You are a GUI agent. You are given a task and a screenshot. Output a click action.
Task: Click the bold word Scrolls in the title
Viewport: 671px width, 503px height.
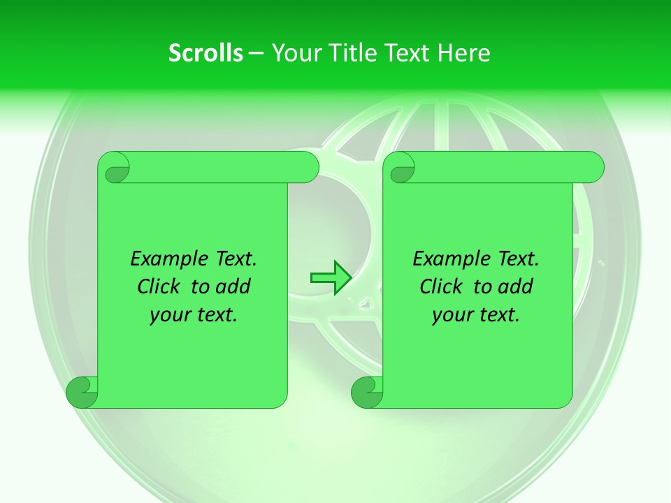click(205, 53)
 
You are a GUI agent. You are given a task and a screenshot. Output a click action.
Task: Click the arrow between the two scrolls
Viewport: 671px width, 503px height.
click(330, 277)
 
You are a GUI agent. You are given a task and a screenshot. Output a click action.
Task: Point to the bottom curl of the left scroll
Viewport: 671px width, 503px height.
click(82, 393)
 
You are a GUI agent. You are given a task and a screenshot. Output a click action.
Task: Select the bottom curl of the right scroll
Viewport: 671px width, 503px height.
click(367, 393)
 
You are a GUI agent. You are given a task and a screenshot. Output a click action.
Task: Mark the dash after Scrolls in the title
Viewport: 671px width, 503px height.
click(256, 53)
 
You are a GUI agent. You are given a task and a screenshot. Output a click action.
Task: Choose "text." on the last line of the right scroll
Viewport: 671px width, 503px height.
click(498, 316)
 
